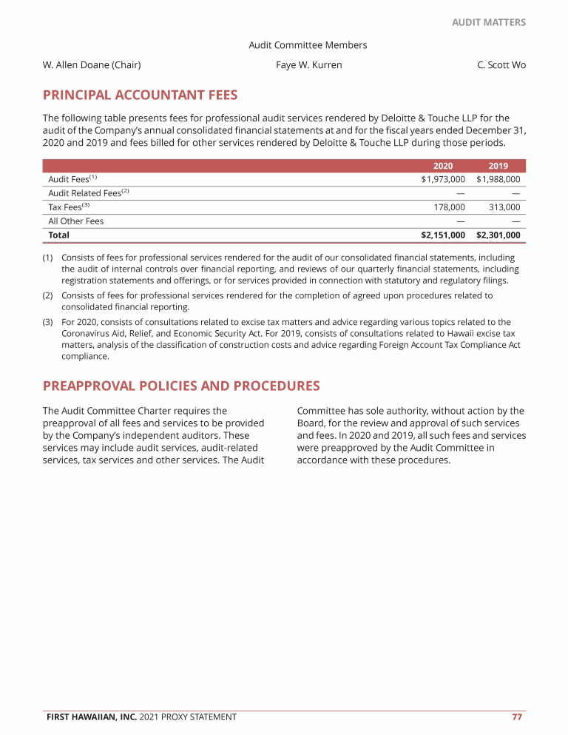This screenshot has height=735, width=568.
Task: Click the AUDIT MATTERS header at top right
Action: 489,22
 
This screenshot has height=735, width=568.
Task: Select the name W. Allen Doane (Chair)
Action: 92,65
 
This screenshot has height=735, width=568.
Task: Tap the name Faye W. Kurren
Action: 308,65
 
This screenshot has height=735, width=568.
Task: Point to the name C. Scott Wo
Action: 501,65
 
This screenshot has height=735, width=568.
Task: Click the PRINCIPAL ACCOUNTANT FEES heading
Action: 141,95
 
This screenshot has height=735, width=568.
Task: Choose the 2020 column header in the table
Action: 442,166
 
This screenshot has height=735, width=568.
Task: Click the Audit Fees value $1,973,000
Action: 443,179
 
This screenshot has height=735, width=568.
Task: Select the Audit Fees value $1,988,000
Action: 498,179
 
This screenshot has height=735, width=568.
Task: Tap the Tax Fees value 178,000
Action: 449,207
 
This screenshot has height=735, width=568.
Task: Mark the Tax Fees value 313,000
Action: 504,207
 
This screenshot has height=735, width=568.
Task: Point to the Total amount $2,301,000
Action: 498,235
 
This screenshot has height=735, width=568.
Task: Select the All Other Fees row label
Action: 76,221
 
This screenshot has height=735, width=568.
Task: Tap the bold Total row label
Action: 59,235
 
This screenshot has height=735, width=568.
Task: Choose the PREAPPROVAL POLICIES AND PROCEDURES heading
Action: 181,386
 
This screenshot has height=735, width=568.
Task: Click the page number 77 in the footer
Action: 518,716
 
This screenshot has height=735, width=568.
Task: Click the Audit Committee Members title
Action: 308,45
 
